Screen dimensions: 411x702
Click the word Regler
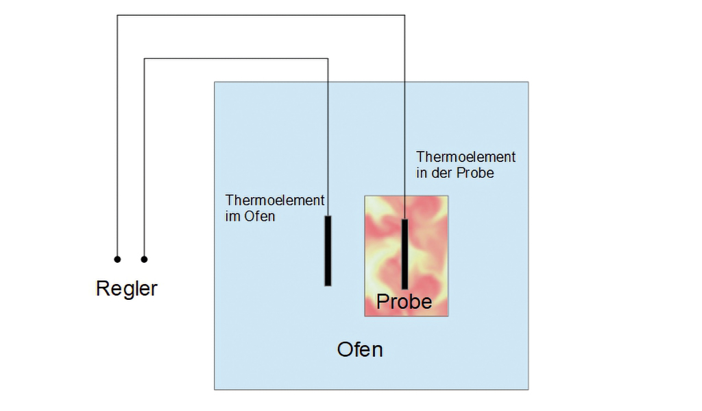126,288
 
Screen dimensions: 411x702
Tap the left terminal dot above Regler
117,259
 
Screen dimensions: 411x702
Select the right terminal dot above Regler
144,259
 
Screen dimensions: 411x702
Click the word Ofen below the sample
360,349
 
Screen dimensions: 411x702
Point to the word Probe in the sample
404,301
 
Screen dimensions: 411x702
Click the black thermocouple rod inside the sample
405,254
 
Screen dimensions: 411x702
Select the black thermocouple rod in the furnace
328,250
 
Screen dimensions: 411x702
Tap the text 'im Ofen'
250,217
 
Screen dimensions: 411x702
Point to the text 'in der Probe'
455,174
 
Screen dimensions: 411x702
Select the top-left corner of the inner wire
145,59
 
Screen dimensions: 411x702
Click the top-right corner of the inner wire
328,59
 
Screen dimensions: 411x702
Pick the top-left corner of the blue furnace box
215,82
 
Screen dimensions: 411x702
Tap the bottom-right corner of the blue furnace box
528,389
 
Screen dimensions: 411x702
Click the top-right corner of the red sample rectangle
448,196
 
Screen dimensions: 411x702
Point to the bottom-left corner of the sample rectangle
365,316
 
